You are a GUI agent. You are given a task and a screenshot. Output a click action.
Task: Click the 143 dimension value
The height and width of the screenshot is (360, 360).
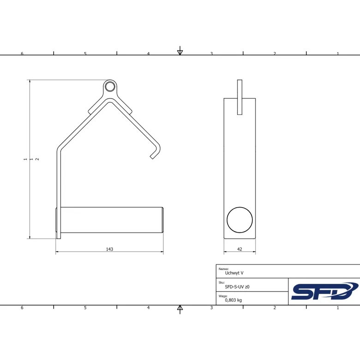pyautogui.click(x=109, y=249)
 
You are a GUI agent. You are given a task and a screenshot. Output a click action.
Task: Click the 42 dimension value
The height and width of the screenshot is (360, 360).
pyautogui.click(x=240, y=249)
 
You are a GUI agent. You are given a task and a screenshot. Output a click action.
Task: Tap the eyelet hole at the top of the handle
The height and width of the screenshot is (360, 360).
pyautogui.click(x=110, y=87)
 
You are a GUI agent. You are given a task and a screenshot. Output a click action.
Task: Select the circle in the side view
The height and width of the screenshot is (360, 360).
pyautogui.click(x=240, y=220)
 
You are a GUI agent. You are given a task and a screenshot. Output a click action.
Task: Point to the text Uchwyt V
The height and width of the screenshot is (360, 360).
pyautogui.click(x=234, y=273)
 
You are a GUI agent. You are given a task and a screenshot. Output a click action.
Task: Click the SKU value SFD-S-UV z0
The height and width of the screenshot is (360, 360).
pyautogui.click(x=237, y=287)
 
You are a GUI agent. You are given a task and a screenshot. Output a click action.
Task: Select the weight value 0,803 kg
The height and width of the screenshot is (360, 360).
pyautogui.click(x=233, y=300)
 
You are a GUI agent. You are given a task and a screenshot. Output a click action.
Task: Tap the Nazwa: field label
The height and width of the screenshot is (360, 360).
pyautogui.click(x=224, y=269)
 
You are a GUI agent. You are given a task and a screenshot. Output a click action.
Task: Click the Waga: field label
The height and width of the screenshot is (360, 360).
pyautogui.click(x=223, y=296)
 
